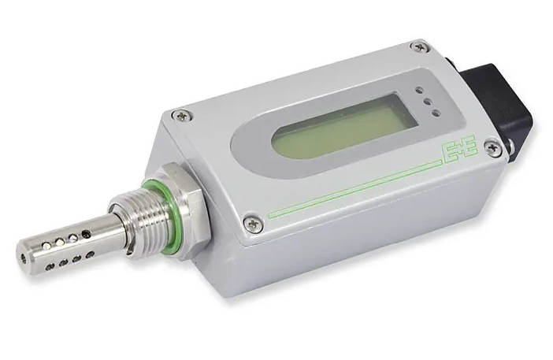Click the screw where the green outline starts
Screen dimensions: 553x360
pyautogui.click(x=254, y=223)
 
